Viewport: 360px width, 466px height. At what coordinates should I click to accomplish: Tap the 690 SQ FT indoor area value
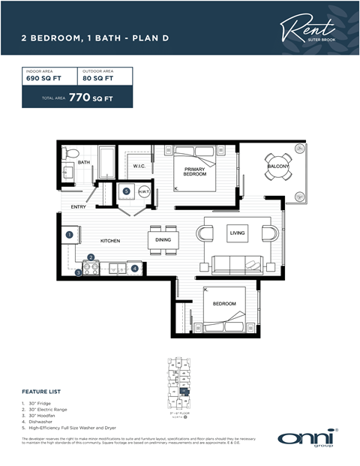pyautogui.click(x=43, y=78)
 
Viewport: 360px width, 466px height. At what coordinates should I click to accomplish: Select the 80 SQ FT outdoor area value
pyautogui.click(x=97, y=78)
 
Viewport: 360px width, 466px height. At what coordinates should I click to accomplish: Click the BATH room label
pyautogui.click(x=83, y=162)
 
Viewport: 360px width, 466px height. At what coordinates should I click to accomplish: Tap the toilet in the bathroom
pyautogui.click(x=70, y=154)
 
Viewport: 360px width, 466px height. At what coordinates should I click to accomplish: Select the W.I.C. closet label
pyautogui.click(x=139, y=166)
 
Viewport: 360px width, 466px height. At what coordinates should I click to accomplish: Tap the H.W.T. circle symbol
pyautogui.click(x=143, y=191)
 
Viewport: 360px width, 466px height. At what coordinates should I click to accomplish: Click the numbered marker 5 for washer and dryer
pyautogui.click(x=126, y=191)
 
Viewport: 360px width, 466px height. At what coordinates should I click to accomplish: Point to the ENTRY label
pyautogui.click(x=78, y=206)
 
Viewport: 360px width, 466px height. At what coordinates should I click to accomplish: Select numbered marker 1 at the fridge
pyautogui.click(x=69, y=234)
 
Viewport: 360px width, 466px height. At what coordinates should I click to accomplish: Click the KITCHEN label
pyautogui.click(x=112, y=241)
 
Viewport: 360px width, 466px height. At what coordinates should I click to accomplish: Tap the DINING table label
pyautogui.click(x=163, y=240)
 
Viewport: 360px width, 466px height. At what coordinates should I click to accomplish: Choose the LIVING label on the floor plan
pyautogui.click(x=237, y=234)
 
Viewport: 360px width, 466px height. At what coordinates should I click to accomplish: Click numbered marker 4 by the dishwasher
pyautogui.click(x=134, y=267)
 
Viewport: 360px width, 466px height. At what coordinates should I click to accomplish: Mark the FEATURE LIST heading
pyautogui.click(x=40, y=392)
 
